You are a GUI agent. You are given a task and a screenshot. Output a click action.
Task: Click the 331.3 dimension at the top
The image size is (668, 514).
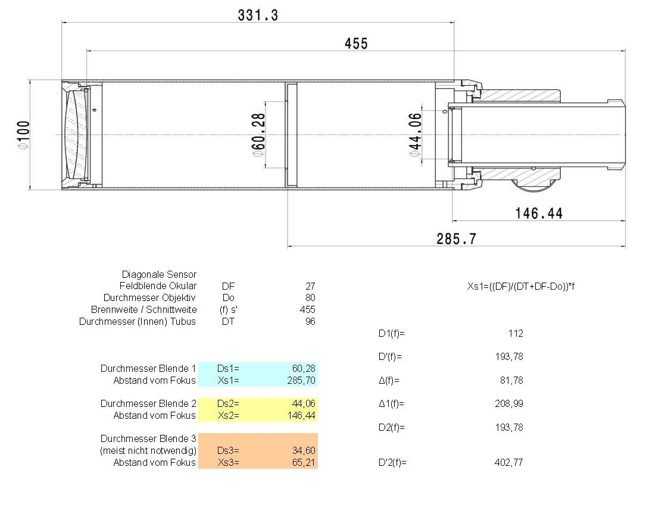pos(258,15)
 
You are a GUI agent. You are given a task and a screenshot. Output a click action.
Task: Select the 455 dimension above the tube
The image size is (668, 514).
pos(356,43)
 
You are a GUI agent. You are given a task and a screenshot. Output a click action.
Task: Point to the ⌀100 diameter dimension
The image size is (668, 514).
pos(23,135)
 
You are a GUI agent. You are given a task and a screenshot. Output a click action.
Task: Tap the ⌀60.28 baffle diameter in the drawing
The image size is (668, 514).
pos(258,135)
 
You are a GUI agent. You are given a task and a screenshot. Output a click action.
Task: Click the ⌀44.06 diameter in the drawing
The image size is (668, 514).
pos(415,135)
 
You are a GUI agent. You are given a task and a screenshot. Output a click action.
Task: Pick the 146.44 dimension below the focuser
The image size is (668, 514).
pos(539,213)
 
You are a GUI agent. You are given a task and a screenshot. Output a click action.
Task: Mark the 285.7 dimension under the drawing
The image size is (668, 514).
pos(456,239)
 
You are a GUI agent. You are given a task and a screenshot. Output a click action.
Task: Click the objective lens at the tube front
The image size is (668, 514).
pos(76,135)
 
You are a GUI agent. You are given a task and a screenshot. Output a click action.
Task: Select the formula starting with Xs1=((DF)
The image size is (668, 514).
pos(520,286)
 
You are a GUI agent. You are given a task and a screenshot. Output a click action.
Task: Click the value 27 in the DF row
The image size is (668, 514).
pos(310,286)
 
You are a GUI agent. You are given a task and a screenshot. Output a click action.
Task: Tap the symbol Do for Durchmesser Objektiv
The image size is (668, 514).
pos(229,297)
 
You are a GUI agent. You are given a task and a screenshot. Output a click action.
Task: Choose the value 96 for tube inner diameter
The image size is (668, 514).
pos(310,321)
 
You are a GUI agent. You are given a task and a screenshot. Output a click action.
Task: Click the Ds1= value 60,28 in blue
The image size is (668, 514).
pos(303,368)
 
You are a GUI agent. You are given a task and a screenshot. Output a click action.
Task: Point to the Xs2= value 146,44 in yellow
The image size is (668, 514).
pos(301,415)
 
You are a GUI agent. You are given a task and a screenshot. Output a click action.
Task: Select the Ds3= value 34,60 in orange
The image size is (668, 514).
pos(303,450)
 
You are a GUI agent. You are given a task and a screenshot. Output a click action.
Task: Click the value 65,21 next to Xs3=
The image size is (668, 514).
pos(303,462)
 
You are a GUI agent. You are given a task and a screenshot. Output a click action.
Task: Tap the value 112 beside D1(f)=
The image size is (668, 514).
pos(516,333)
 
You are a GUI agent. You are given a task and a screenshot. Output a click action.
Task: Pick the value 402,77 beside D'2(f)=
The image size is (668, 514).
pos(508,462)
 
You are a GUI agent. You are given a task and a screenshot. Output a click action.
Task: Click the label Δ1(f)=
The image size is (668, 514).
pos(391,404)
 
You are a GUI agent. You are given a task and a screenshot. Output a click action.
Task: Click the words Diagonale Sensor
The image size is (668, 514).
pos(159,274)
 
